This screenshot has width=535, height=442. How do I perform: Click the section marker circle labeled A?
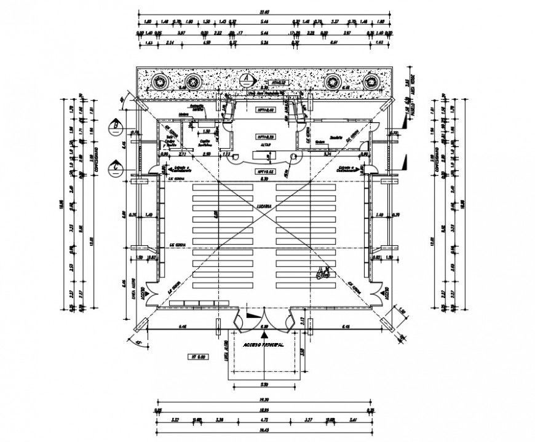coord(247,79)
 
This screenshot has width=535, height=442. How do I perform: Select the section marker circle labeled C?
coord(115,165)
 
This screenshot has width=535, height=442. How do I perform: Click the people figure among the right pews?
coord(322,274)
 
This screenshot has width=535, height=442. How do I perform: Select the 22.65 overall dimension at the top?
coord(264,11)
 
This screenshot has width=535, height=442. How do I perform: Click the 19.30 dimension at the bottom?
coord(264,400)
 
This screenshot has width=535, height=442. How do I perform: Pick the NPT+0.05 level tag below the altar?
coord(266,172)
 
